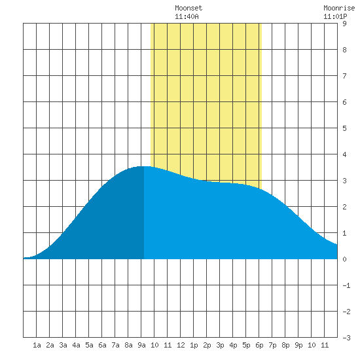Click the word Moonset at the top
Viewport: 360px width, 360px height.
(189, 8)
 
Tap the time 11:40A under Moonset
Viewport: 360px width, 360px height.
(187, 16)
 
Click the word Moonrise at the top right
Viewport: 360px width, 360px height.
(339, 8)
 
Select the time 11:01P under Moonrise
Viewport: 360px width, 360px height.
(335, 16)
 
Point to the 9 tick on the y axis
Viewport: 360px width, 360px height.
(344, 24)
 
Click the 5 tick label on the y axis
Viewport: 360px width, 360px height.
(344, 128)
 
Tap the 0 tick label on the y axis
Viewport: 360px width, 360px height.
(344, 259)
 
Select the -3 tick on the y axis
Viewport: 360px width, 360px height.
(346, 338)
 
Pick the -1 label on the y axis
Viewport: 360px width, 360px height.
(346, 285)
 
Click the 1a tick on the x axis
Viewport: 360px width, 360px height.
(37, 345)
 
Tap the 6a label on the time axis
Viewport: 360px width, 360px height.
(102, 345)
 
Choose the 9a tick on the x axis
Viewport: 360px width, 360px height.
(141, 345)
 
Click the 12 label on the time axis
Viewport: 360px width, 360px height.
(181, 345)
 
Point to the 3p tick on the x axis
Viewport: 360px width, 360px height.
(220, 345)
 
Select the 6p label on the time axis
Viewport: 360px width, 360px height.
(259, 345)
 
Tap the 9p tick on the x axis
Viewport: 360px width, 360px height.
(298, 345)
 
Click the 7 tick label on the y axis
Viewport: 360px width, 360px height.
(344, 76)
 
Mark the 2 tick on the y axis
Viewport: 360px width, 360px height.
(344, 207)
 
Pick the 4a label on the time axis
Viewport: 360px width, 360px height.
(76, 345)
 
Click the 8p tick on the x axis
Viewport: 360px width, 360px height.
(285, 345)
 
